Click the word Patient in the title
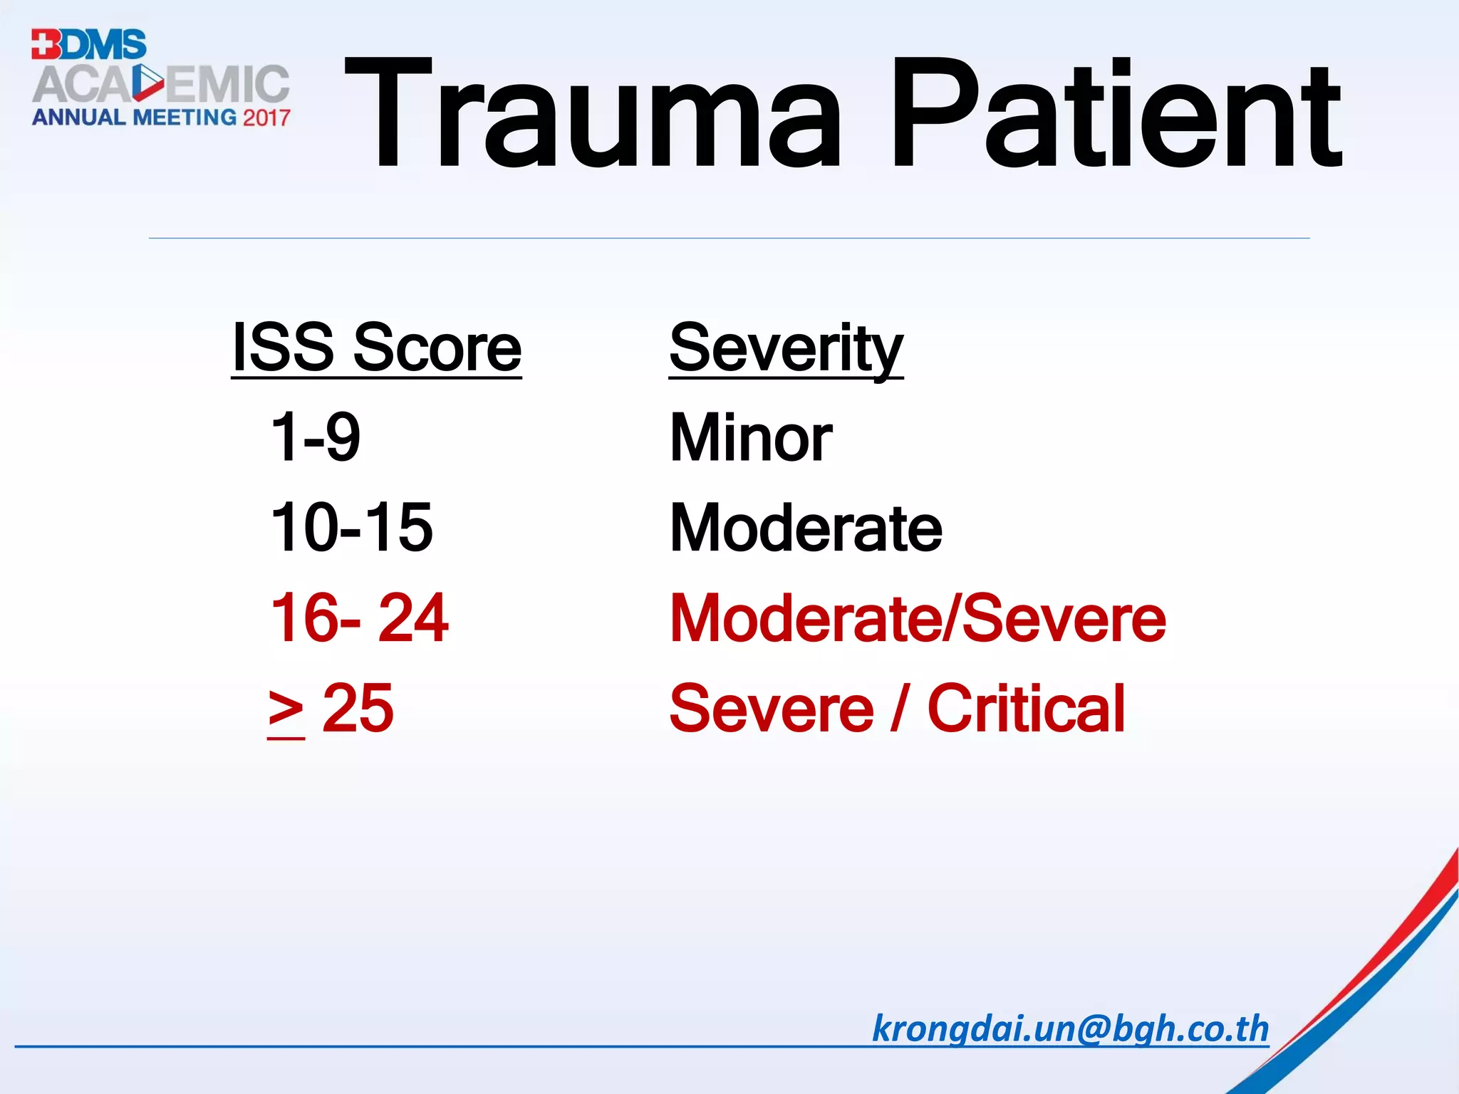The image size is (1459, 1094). [1116, 115]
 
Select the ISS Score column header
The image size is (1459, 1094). [376, 349]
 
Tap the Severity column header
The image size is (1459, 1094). [786, 349]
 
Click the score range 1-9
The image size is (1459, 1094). [316, 437]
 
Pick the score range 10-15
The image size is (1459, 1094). [352, 528]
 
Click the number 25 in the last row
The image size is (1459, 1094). [358, 709]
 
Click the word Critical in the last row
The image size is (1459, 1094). [1027, 709]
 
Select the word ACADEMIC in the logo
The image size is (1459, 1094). [161, 84]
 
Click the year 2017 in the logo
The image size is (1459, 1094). [266, 118]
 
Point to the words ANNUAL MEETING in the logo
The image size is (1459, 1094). [134, 118]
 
